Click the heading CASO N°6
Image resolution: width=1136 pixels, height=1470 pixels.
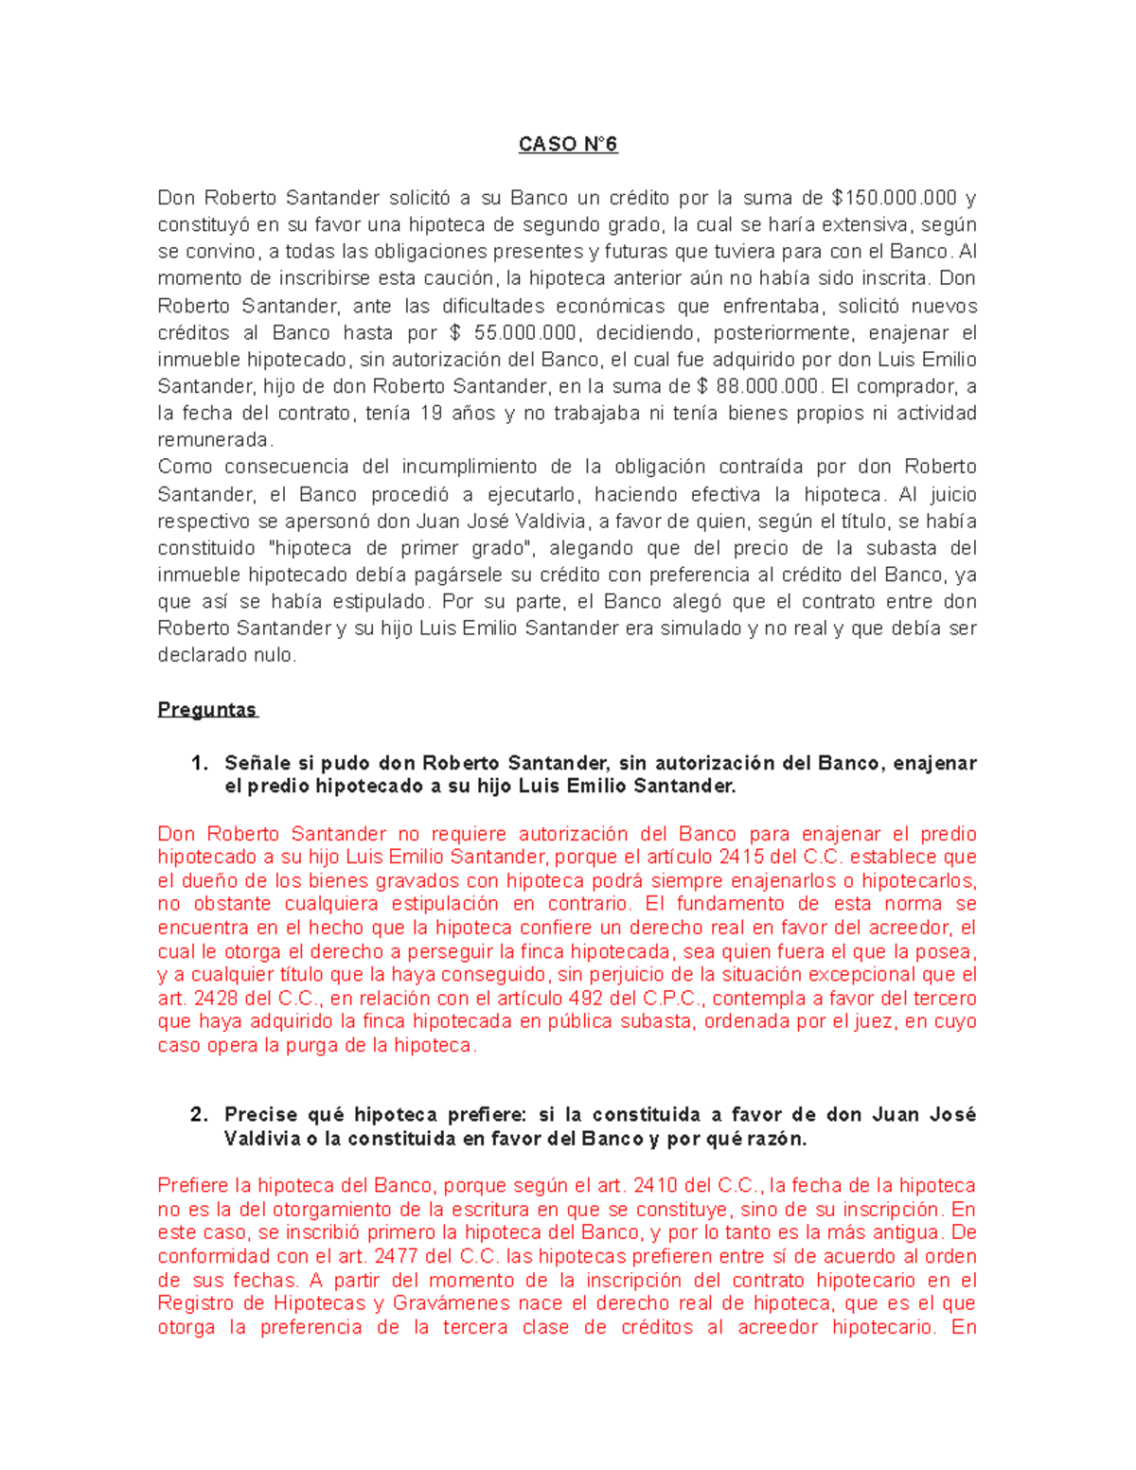(567, 144)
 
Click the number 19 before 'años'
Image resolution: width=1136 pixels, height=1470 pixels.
(431, 414)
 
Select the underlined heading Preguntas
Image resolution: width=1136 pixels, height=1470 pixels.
(206, 710)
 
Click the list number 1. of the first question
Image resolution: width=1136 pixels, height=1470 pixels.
(199, 763)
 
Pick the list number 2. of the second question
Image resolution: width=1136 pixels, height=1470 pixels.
(199, 1115)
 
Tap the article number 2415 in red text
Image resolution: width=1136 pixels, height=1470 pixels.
(741, 858)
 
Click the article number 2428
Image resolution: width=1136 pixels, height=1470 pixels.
(216, 999)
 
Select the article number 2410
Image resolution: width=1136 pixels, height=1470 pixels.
(655, 1186)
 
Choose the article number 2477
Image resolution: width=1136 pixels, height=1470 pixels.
(399, 1257)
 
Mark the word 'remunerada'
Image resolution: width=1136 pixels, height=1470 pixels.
(214, 440)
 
